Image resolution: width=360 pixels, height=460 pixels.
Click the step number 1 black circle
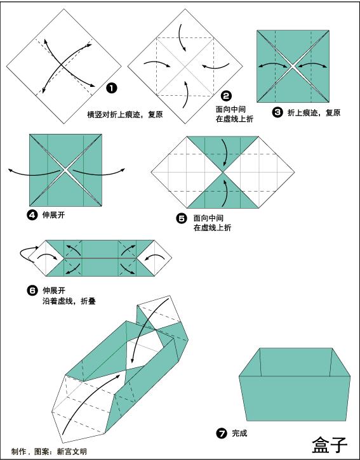[x=111, y=88]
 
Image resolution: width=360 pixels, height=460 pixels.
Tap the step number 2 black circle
[x=226, y=97]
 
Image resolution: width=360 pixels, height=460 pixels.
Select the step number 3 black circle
[x=277, y=112]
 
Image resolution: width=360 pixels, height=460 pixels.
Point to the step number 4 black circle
[x=32, y=215]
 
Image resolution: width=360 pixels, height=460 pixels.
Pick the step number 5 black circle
[x=182, y=218]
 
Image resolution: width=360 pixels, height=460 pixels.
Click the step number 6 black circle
[x=32, y=291]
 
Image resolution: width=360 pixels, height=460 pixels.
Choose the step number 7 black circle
[x=222, y=434]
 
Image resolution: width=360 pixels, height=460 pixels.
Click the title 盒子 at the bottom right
[x=330, y=445]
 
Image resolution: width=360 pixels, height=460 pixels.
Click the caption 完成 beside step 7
[x=239, y=434]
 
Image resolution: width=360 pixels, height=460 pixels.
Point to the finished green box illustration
[x=295, y=384]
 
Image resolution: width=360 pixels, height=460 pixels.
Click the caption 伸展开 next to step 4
[x=54, y=215]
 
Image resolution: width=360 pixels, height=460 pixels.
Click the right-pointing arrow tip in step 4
[x=124, y=169]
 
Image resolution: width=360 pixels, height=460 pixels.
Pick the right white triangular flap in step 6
[x=162, y=258]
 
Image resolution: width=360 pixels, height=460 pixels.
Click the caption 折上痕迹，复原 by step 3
[x=314, y=113]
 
